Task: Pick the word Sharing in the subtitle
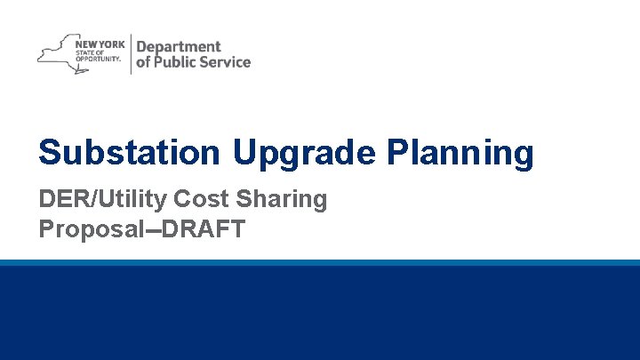pos(282,199)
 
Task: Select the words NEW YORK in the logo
pos(100,43)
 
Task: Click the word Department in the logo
pos(178,46)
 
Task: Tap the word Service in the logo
pos(228,62)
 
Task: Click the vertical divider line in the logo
pos(130,53)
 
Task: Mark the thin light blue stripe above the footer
pos(320,263)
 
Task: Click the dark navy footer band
pos(320,313)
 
